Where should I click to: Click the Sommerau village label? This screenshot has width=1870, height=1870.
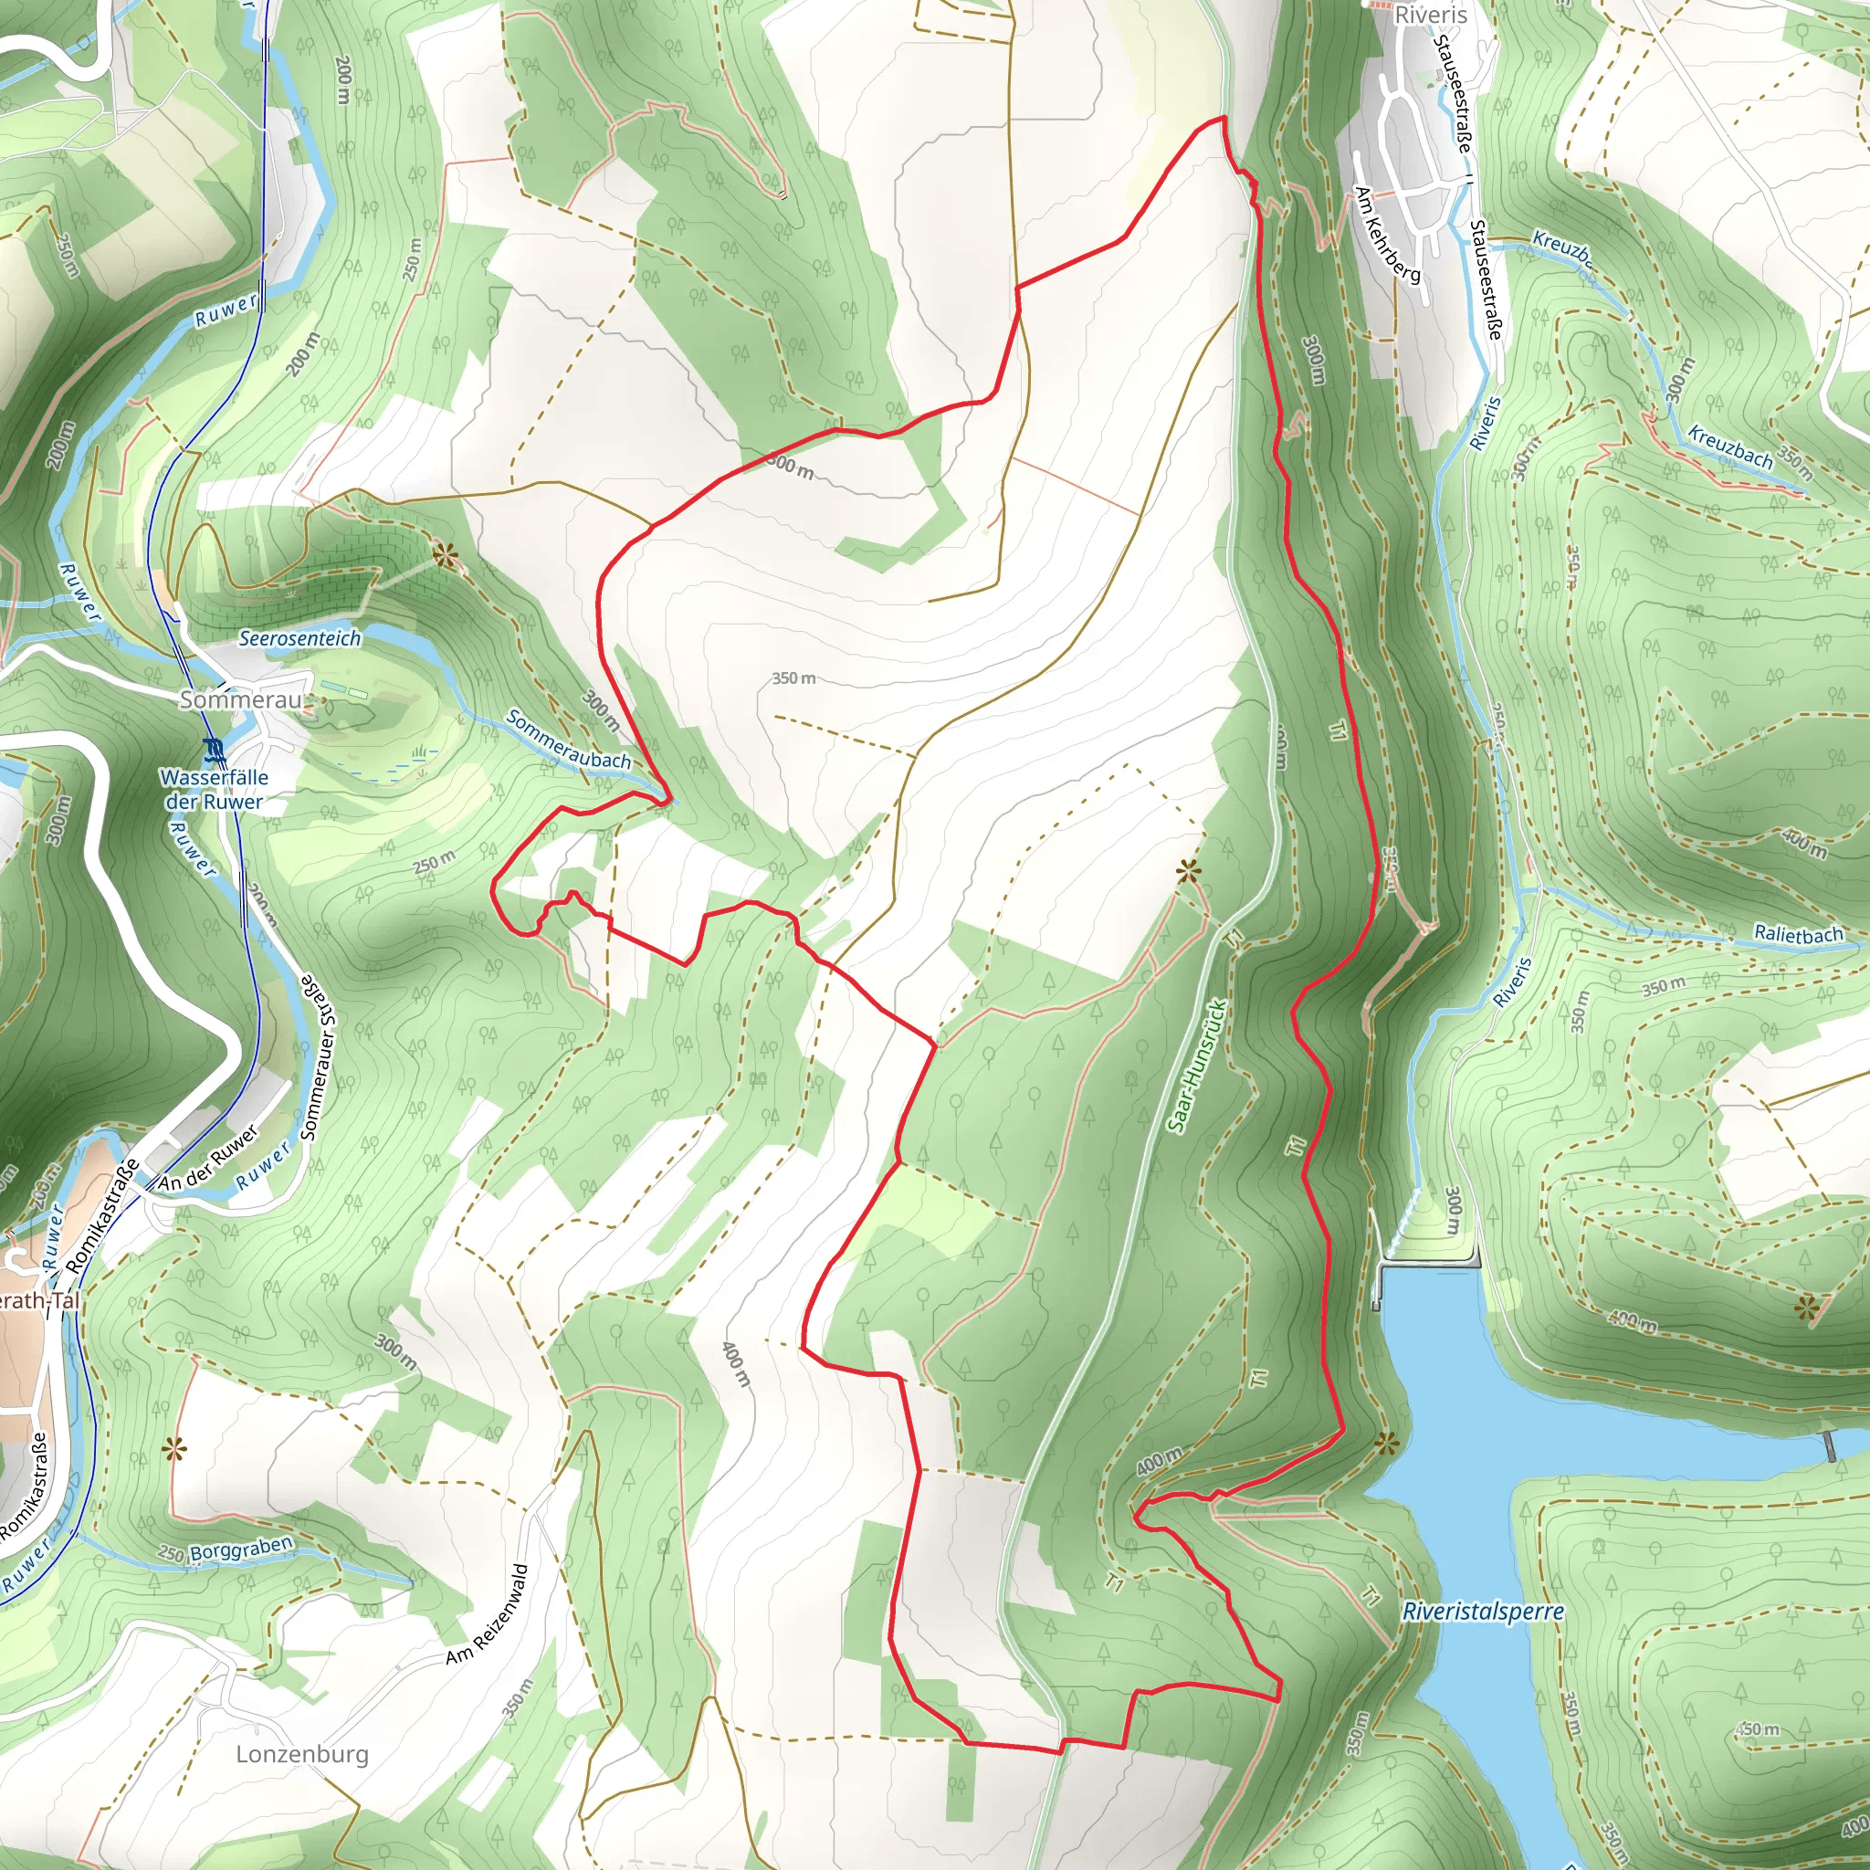pos(241,699)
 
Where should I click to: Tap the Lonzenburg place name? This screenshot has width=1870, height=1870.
pos(302,1754)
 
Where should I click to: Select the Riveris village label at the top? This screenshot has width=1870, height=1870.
pos(1430,15)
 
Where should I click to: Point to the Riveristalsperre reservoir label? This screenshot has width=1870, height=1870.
pos(1482,1612)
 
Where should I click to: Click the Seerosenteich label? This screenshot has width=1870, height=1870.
pos(299,638)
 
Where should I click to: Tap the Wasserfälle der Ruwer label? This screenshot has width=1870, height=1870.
pos(214,789)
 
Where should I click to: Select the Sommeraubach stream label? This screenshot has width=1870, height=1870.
pos(568,740)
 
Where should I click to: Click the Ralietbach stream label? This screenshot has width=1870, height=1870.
pos(1799,934)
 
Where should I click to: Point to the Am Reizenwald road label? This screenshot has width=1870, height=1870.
pos(488,1614)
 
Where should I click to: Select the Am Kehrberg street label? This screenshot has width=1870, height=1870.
pos(1388,236)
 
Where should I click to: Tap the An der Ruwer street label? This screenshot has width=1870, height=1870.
pos(208,1159)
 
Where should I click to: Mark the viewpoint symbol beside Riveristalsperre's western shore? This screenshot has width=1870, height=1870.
pos(1387,1445)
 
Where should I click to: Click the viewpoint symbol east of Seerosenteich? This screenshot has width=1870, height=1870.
pos(445,554)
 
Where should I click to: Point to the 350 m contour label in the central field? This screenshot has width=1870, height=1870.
pos(793,678)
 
